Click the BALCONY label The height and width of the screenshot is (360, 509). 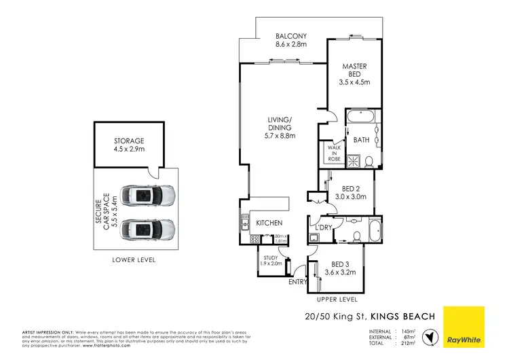point(291,36)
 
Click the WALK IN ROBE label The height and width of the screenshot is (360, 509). point(333,151)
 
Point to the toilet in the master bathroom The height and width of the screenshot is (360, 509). point(369,161)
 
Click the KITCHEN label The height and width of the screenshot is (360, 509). point(269,223)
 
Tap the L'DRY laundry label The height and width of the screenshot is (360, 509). point(323,228)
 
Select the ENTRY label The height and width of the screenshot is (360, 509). point(297,282)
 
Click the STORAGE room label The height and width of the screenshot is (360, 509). point(128,141)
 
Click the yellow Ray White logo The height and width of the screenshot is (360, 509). point(464,327)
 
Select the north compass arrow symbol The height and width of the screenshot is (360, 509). point(428,336)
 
